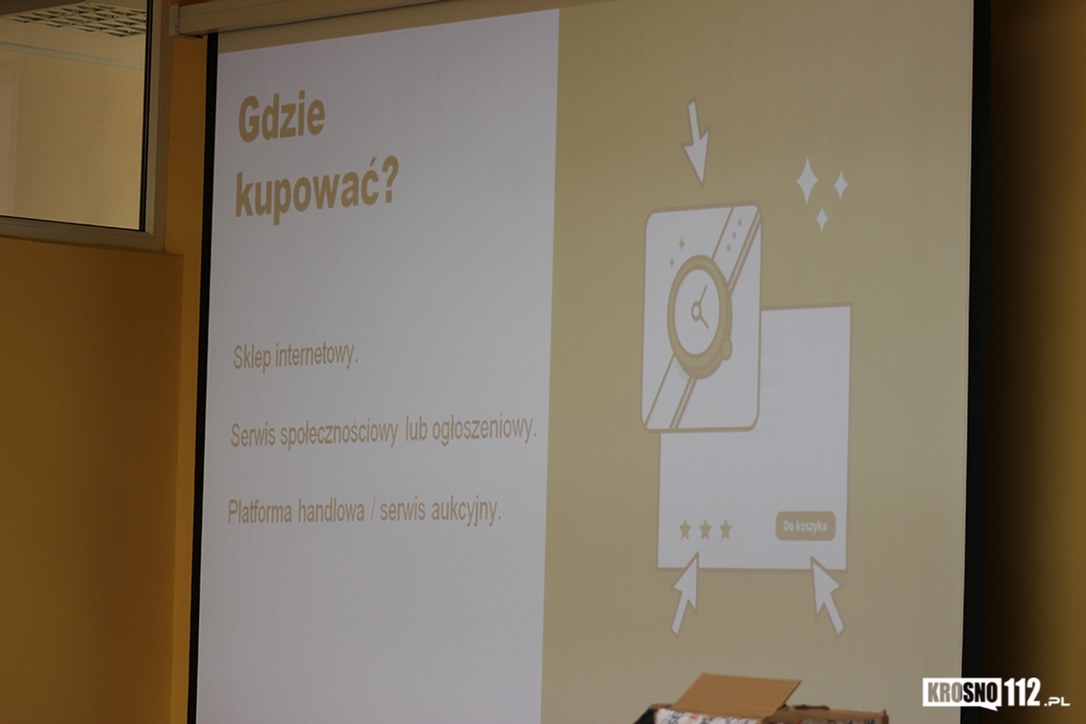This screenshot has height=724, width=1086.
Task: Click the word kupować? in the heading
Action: pyautogui.click(x=317, y=190)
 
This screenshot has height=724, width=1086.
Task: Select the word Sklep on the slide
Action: pyautogui.click(x=251, y=358)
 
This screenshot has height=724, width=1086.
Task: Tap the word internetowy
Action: pyautogui.click(x=317, y=356)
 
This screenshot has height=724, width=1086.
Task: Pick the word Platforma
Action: pyautogui.click(x=260, y=512)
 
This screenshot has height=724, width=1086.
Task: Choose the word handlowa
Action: pyautogui.click(x=331, y=512)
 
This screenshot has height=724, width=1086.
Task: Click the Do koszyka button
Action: pyautogui.click(x=806, y=526)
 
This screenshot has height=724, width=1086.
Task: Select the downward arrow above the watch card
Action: pyautogui.click(x=697, y=142)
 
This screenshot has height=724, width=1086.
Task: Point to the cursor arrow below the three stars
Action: pyautogui.click(x=686, y=593)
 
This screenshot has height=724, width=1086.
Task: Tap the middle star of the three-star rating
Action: pyautogui.click(x=705, y=530)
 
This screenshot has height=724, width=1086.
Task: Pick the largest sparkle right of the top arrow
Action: pyautogui.click(x=808, y=180)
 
